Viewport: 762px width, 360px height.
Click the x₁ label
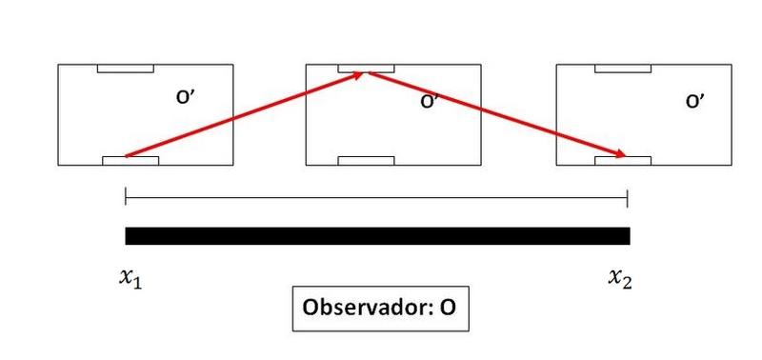pos(130,279)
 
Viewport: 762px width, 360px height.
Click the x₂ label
pos(621,279)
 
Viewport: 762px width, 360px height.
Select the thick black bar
pos(377,235)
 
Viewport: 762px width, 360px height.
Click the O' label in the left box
pos(186,97)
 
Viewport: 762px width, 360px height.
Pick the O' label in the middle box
pos(431,102)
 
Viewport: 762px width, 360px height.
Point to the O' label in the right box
pos(695,102)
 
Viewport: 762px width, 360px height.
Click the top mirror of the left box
pos(126,69)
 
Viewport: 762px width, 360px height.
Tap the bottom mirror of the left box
pos(130,161)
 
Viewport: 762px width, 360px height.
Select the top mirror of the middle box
pos(366,69)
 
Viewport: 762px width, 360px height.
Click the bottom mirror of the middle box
pos(366,161)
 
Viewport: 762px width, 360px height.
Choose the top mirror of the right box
pos(623,69)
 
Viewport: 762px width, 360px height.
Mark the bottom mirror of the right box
pos(623,161)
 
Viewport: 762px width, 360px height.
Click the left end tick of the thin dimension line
pos(126,197)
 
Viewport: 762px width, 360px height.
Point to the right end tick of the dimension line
pos(628,198)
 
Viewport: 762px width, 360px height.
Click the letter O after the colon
pos(448,308)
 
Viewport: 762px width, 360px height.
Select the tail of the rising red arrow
pos(127,156)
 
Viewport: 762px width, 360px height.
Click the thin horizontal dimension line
pos(376,198)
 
